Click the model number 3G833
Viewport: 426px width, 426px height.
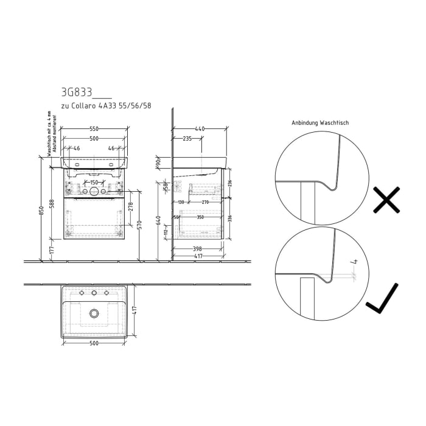click(x=77, y=93)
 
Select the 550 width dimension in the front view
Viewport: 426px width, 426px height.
click(x=94, y=129)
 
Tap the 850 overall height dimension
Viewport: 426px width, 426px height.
click(x=41, y=209)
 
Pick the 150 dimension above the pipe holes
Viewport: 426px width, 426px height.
click(x=94, y=183)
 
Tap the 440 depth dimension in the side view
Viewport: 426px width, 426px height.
click(x=200, y=129)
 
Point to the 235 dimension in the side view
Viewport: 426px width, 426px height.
click(x=188, y=139)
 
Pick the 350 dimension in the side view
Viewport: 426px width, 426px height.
click(x=200, y=217)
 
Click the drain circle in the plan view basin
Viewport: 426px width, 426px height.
click(x=94, y=313)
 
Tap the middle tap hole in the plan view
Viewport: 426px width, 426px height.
click(x=94, y=293)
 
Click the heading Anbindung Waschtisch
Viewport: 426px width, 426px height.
click(x=320, y=122)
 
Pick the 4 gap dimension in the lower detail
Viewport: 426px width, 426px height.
click(x=352, y=263)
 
